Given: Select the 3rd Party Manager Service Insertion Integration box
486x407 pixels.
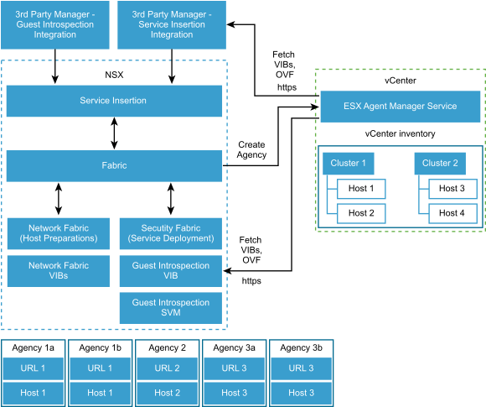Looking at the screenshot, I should pos(171,24).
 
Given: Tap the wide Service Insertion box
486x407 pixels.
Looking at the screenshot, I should pos(114,101).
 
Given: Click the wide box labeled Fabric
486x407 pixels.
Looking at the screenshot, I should pos(114,165).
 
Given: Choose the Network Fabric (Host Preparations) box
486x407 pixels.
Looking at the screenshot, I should pos(58,233).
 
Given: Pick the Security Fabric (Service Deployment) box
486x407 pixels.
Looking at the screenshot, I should pos(171,233).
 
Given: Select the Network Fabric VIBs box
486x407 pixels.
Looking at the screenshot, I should pos(58,270).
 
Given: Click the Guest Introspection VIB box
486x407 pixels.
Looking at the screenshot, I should pos(171,270).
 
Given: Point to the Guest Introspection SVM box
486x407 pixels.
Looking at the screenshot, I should pos(171,308).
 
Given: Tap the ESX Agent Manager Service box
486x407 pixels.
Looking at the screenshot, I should pos(401,107).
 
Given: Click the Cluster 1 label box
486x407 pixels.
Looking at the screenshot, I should pos(348,163).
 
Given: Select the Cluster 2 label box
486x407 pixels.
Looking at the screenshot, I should pos(440,163).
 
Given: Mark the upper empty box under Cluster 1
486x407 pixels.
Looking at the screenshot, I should pos(361,189).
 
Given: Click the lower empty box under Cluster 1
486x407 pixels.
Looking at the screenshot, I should pos(361,213).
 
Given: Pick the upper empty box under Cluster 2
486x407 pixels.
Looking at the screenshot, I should pos(452,189).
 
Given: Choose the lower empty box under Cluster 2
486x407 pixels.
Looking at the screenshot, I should pos(452,213).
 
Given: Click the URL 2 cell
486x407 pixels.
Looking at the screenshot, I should pos(168,368).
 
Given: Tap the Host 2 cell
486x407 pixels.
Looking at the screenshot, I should pos(168,393).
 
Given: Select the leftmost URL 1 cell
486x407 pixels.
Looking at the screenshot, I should pos(33,368).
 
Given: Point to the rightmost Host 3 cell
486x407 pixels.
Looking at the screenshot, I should pos(301,393).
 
